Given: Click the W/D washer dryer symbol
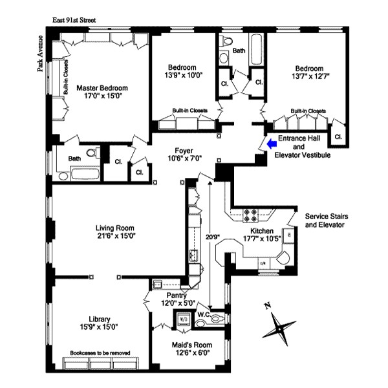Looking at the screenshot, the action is coord(182,319).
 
